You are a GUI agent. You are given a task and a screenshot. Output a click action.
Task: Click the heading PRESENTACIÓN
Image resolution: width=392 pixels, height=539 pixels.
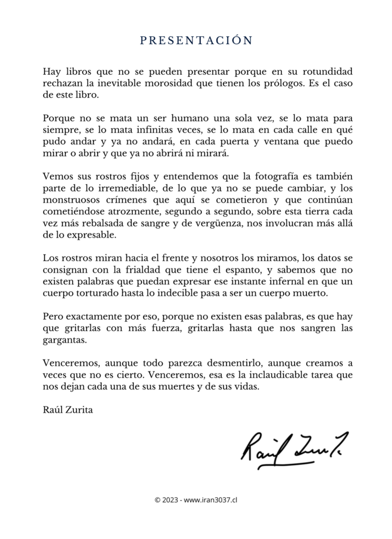tap(196, 41)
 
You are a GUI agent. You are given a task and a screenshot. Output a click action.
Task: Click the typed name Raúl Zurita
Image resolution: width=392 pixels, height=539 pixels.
tap(67, 409)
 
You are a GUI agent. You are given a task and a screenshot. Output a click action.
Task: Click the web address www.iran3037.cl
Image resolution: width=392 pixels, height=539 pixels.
tap(211, 500)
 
